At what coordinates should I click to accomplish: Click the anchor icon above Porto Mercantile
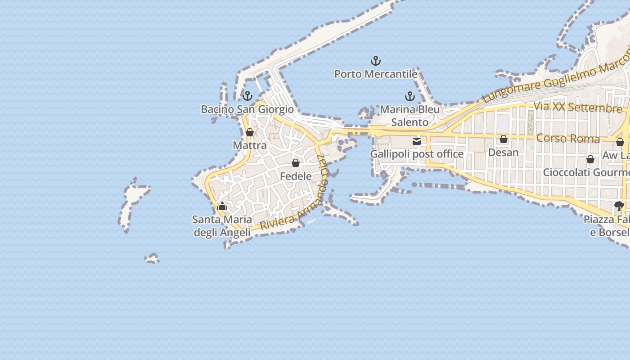point(376,61)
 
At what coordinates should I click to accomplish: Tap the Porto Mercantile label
point(376,74)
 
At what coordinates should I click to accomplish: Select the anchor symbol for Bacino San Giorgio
point(247,96)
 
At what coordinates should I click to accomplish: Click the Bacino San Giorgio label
point(247,109)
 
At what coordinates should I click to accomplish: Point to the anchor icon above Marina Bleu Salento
point(409,96)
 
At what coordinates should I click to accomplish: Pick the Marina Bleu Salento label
point(409,116)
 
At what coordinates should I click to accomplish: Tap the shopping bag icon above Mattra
point(250,132)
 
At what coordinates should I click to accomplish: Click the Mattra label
point(250,145)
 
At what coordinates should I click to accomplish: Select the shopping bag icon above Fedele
point(296,163)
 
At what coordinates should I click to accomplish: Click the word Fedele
point(296,176)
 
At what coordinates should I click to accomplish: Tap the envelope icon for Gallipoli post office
point(417,141)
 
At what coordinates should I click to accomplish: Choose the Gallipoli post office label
point(417,154)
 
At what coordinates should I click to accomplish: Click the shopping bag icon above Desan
point(504,139)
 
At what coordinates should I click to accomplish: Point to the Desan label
point(504,153)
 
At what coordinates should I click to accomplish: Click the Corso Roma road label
point(568,138)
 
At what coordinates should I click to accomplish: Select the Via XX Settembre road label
point(578,108)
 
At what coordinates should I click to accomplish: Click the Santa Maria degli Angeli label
point(222,226)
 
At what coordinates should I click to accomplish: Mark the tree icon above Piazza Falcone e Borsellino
point(619,206)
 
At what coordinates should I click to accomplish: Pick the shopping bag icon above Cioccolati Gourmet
point(590,159)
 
